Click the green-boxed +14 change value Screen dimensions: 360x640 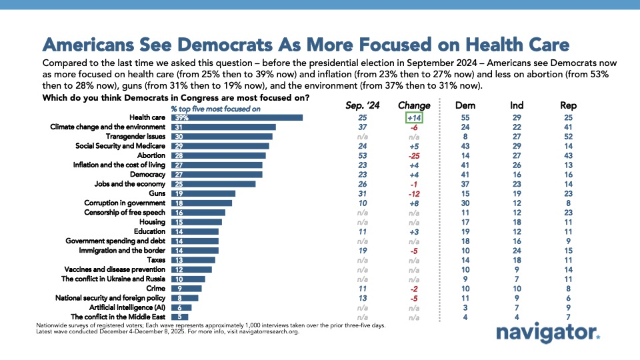414,117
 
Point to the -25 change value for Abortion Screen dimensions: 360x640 414,155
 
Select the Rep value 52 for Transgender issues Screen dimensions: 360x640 568,137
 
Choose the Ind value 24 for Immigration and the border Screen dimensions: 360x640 517,250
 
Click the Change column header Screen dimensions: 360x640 414,105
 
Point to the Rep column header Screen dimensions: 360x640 568,105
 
